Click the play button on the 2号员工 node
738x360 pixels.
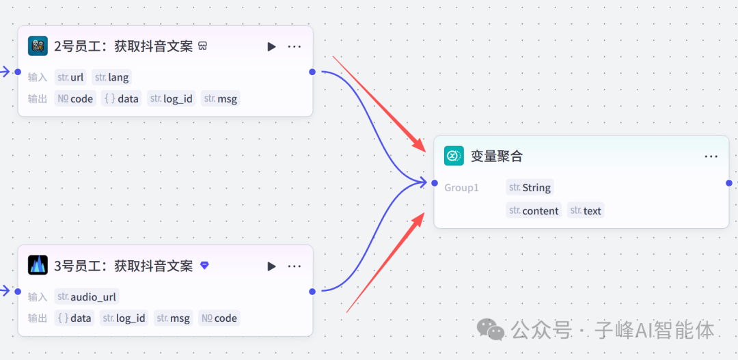271,46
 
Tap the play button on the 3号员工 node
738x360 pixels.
271,266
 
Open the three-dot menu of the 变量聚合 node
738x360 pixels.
711,156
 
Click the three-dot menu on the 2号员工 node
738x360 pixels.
295,46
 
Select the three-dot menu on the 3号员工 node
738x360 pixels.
295,266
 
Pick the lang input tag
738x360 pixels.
111,77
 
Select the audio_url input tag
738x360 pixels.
87,296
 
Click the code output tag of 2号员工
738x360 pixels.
75,98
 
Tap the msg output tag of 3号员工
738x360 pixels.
174,318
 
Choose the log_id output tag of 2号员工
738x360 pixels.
172,98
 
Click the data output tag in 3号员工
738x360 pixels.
74,318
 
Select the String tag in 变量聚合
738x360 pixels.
530,187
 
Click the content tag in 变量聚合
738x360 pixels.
534,210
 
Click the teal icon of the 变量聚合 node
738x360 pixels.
454,156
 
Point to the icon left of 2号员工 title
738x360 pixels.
38,46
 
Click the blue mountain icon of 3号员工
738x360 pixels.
38,265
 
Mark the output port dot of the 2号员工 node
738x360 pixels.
312,72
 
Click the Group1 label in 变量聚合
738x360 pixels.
462,187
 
